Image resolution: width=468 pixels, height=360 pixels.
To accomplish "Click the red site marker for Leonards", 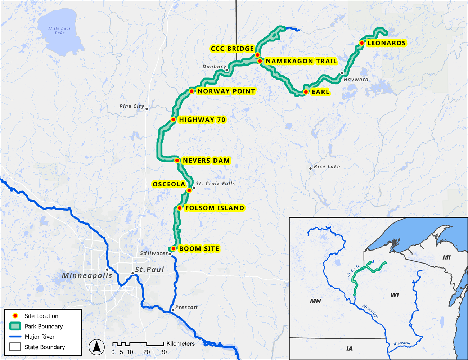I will coord(361,43).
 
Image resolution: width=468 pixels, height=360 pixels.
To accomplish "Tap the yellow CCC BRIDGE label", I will coord(232,49).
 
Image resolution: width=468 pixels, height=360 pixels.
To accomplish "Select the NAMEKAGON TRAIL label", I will coord(301,61).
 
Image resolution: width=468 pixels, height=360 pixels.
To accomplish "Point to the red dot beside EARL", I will coord(306,92).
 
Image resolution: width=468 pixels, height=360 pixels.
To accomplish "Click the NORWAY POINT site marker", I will coord(192,91).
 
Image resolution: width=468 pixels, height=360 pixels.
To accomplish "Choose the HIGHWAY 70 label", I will coord(202,120).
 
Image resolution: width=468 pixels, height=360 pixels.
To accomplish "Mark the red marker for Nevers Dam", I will coord(177,161).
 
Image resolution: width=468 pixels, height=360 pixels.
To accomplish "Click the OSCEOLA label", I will coord(169,184).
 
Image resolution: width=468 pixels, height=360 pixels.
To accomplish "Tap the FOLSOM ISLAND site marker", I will coord(179,208).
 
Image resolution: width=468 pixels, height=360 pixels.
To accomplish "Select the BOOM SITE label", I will coord(199,249).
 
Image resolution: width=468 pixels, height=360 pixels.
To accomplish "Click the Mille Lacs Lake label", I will coord(60,31).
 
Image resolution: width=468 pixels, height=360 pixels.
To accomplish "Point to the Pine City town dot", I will coord(147,108).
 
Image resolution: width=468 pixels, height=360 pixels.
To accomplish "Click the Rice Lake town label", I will coord(327,167).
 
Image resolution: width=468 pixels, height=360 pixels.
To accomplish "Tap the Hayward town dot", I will coord(342,73).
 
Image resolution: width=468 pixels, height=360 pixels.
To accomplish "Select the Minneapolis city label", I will coord(87,275).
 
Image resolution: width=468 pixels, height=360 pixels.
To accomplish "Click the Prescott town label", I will coord(186,307).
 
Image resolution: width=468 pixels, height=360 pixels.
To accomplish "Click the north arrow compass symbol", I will coord(96,347).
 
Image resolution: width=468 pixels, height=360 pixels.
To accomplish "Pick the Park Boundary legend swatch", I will coord(15,327).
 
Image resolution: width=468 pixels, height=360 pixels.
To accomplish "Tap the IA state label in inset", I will coord(349,348).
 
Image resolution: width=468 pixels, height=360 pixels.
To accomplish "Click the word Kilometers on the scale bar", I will coord(180,343).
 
